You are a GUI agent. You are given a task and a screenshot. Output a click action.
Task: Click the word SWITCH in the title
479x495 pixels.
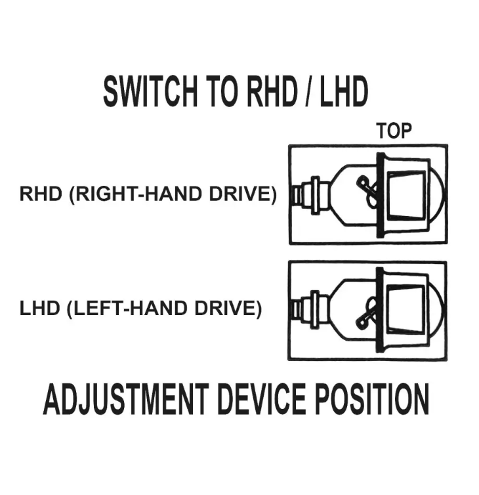[x=150, y=91]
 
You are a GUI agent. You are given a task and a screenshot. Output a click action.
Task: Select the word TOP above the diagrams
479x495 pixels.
[x=394, y=131]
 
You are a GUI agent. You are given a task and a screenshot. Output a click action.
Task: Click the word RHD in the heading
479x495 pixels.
[x=272, y=91]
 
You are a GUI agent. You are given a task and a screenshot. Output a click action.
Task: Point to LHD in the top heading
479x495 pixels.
[x=344, y=91]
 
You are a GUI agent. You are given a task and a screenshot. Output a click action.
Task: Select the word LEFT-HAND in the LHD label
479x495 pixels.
[x=129, y=309]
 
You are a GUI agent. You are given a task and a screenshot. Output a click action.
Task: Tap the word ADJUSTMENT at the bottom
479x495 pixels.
[x=125, y=398]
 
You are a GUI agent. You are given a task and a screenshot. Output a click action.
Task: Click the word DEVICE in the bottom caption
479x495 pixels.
[x=262, y=398]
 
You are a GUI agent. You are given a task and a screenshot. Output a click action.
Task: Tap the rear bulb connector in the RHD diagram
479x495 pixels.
[x=311, y=196]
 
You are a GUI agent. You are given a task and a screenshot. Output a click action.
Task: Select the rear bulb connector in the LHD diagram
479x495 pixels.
[x=310, y=310]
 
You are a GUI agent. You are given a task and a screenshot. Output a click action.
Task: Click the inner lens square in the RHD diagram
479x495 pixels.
[x=406, y=196]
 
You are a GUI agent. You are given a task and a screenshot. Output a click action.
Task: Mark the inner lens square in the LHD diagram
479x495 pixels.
[x=406, y=310]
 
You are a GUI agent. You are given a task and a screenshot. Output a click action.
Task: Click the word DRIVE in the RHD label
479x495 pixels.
[x=243, y=194]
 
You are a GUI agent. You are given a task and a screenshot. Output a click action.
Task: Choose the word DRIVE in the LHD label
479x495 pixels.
[x=228, y=309]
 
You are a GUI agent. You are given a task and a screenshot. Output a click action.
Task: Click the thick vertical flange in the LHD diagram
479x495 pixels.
[x=380, y=310]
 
